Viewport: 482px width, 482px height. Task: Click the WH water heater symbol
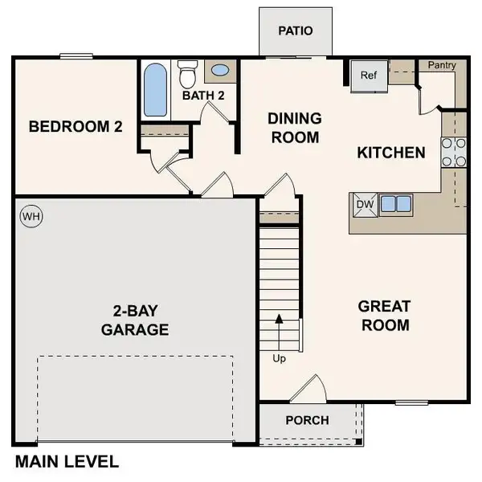click(31, 216)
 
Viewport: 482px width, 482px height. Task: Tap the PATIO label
click(294, 31)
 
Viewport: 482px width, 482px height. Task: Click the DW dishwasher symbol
click(364, 204)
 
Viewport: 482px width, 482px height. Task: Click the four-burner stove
click(454, 152)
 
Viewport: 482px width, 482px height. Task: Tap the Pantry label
click(441, 65)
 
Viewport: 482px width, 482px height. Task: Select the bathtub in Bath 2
click(155, 89)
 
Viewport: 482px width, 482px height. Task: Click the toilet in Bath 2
click(188, 75)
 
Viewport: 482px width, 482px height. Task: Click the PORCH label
click(307, 420)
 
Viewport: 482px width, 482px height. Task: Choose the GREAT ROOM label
click(384, 316)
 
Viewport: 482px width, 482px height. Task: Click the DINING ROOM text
click(295, 128)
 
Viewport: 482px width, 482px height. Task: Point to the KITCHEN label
click(390, 152)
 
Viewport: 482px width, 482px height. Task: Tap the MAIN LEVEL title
click(67, 462)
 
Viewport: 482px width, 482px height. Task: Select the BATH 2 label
click(202, 96)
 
